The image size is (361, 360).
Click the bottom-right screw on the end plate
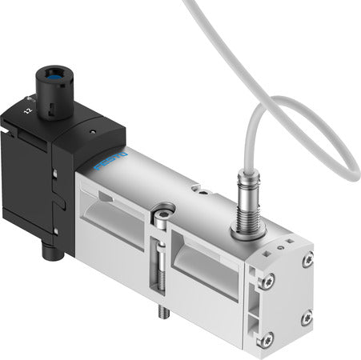tap(306, 318)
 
